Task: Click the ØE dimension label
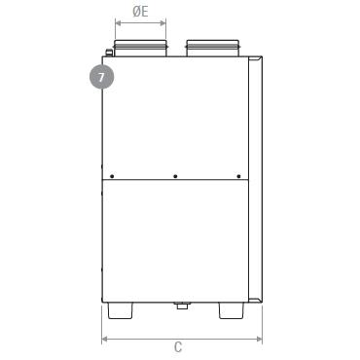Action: pos(140,12)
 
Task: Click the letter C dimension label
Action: pos(178,347)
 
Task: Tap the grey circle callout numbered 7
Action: pos(102,77)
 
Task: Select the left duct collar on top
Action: pos(141,49)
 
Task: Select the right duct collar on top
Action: pos(213,49)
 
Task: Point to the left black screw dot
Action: pos(112,176)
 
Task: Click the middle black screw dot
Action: pos(175,176)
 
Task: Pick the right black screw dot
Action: pos(238,176)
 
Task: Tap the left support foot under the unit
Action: pos(120,310)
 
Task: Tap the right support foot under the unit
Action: pos(232,310)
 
